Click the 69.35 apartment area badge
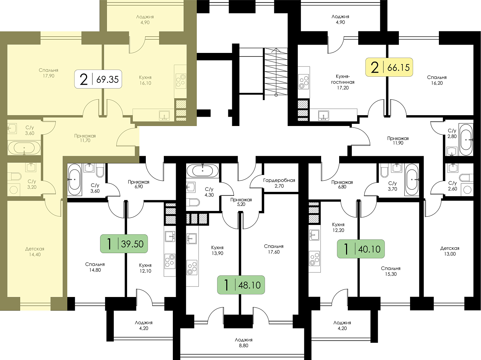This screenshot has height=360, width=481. [98, 79]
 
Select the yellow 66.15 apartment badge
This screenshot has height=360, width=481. [389, 67]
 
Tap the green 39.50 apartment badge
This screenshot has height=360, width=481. [124, 244]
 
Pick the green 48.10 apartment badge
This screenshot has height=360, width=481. [241, 285]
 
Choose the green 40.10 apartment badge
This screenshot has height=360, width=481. [361, 249]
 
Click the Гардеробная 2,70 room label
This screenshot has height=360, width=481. [279, 183]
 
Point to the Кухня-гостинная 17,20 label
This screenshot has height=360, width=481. [343, 82]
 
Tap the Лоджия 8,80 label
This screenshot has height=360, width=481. [244, 342]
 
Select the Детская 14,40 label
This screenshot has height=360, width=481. [35, 252]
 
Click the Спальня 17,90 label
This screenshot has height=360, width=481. [49, 73]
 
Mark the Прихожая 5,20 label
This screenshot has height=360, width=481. [241, 202]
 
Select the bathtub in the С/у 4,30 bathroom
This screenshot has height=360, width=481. [202, 170]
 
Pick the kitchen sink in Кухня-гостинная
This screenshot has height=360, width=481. [323, 116]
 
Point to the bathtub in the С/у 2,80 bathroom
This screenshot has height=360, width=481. [466, 140]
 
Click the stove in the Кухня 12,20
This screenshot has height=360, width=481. [314, 258]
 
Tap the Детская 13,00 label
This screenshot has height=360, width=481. [450, 251]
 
